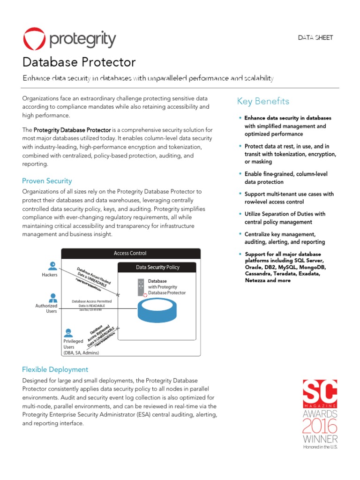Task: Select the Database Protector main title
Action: [x=79, y=62]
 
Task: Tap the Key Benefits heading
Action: [x=263, y=101]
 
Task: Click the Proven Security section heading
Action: [x=47, y=181]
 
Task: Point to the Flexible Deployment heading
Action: [x=55, y=369]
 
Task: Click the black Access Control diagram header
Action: [x=130, y=253]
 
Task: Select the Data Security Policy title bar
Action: [x=157, y=267]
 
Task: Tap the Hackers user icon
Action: [x=53, y=265]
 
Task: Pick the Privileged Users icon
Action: [x=68, y=333]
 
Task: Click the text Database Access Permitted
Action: [x=91, y=301]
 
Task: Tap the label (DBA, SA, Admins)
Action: [x=81, y=352]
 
